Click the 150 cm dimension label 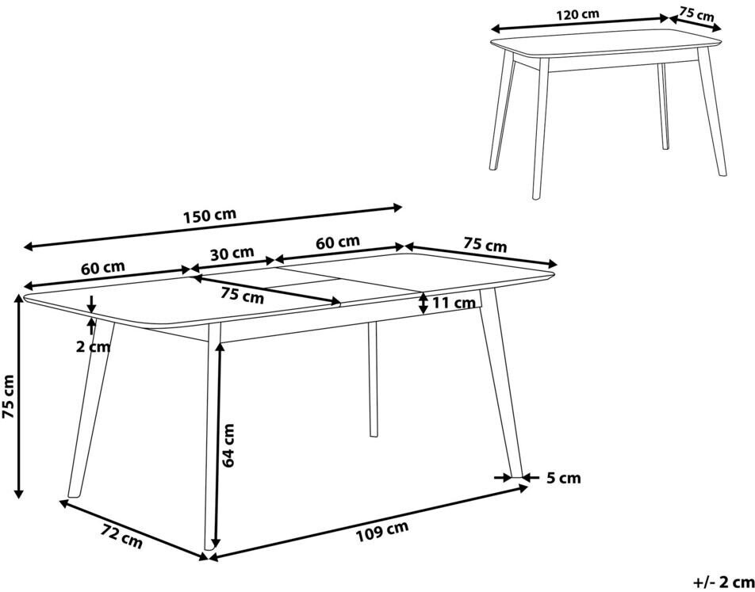209,215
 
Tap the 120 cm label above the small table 577,14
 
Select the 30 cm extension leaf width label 233,253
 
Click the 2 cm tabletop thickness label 93,346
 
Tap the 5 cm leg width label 563,478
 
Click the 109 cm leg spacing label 382,531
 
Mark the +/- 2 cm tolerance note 724,582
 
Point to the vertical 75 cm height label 9,396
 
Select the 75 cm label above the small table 697,13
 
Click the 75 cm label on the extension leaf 242,295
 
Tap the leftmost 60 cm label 102,268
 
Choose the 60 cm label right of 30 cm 338,242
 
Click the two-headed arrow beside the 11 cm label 423,304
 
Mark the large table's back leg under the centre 373,380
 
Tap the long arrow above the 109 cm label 368,523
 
